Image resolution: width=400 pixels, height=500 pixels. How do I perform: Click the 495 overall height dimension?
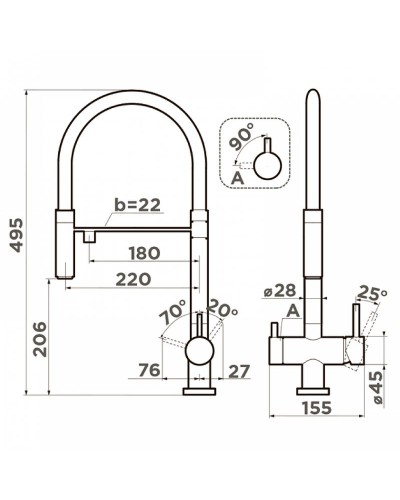pyautogui.click(x=16, y=235)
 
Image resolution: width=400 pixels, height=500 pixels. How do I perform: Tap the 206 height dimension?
pyautogui.click(x=40, y=339)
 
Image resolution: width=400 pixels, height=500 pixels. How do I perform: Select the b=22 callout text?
pyautogui.click(x=137, y=205)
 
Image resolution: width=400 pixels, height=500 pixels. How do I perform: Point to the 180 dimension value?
pyautogui.click(x=145, y=253)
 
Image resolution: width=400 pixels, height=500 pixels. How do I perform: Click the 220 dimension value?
pyautogui.click(x=133, y=279)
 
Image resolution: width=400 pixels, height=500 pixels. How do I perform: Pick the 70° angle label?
pyautogui.click(x=172, y=312)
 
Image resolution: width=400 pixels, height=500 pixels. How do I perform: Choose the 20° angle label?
pyautogui.click(x=223, y=308)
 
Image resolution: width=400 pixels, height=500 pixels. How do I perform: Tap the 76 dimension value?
pyautogui.click(x=149, y=370)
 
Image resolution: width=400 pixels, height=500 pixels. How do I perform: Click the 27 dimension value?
pyautogui.click(x=239, y=371)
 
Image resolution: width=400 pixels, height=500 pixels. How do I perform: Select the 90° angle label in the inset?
pyautogui.click(x=242, y=137)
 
